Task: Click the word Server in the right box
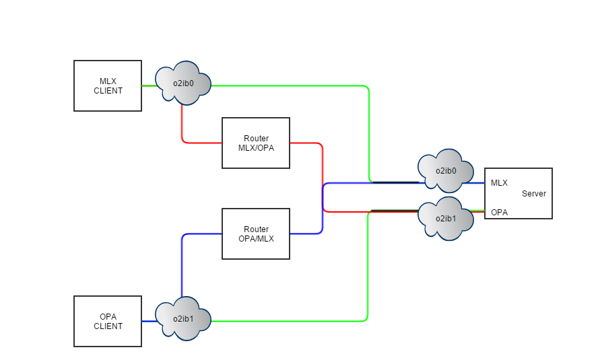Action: tap(534, 194)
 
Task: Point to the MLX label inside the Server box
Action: tap(499, 182)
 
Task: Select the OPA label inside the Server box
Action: tap(499, 213)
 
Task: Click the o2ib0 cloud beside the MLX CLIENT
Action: tap(183, 83)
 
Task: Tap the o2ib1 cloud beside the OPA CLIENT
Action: tap(183, 319)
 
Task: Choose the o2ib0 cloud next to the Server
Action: tap(446, 171)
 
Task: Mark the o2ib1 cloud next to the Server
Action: tap(446, 218)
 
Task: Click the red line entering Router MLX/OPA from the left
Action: tap(202, 143)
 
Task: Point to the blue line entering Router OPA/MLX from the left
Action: tap(202, 234)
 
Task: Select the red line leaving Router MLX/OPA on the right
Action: tap(306, 143)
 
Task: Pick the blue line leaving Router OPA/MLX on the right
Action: tap(306, 233)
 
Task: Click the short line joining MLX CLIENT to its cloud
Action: tap(149, 86)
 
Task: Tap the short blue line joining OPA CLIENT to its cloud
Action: tap(149, 322)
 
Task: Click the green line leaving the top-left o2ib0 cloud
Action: tap(290, 86)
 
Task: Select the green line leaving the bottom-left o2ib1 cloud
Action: tap(290, 321)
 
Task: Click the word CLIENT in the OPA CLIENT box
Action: tap(108, 326)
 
